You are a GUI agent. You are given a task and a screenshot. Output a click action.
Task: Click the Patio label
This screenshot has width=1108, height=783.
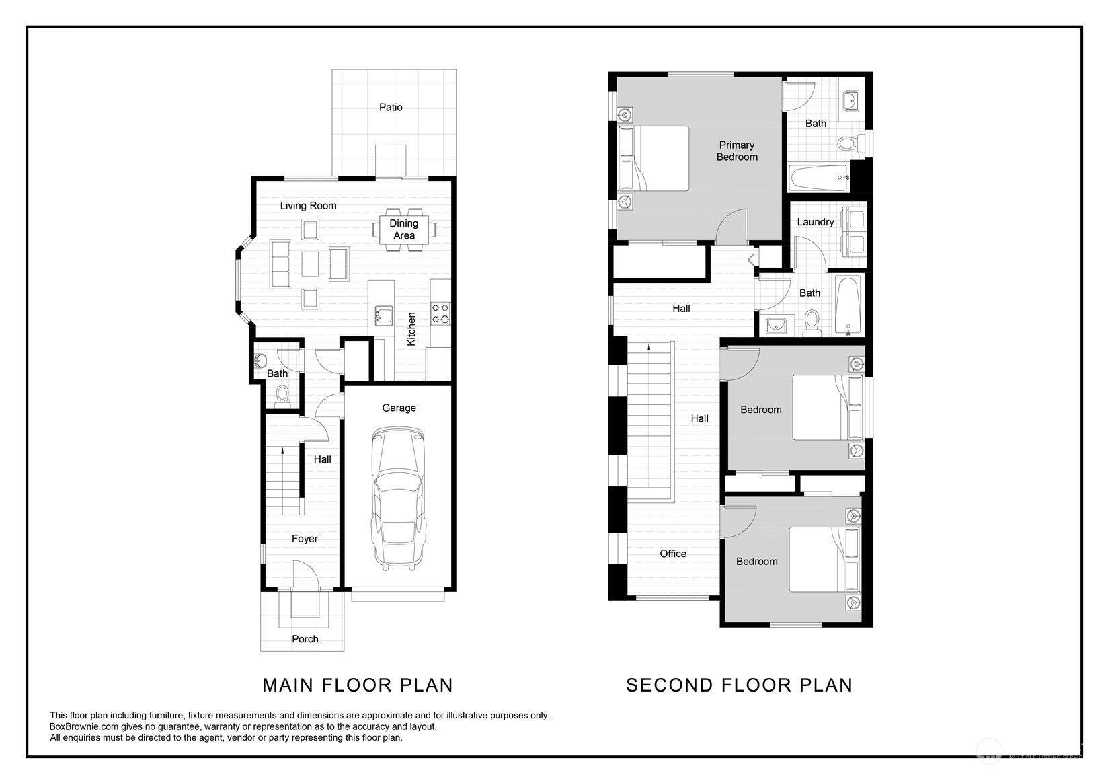click(391, 108)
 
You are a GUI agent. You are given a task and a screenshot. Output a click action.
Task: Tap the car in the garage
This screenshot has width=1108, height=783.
click(399, 499)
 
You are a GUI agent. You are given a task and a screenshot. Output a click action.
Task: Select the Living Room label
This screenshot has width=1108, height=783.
click(308, 206)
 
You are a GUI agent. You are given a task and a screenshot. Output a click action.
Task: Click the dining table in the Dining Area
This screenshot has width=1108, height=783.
click(404, 229)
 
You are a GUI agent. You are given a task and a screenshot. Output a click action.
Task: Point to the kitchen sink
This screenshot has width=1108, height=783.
click(383, 315)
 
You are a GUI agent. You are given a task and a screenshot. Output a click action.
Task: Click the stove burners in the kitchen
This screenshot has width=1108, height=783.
click(440, 313)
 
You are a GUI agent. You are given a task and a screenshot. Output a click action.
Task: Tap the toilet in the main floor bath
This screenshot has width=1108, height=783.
click(282, 397)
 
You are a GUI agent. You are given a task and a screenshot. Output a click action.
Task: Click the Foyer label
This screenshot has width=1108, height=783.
click(305, 539)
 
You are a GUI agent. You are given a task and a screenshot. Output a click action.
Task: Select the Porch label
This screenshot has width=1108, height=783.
click(305, 640)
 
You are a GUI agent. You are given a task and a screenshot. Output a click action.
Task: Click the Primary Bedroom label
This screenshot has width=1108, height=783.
click(737, 151)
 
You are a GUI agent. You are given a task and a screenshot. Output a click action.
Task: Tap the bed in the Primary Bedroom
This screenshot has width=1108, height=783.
click(654, 158)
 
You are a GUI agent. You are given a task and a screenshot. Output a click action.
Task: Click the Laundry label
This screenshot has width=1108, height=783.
click(815, 222)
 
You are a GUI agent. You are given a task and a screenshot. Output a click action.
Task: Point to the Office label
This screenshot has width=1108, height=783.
click(673, 554)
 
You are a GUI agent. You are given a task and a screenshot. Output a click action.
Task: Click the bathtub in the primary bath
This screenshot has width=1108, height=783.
click(819, 178)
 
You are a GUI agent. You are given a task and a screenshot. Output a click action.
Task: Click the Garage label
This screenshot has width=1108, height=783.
click(399, 408)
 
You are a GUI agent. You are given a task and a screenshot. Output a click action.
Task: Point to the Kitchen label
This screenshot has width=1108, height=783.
click(411, 329)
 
